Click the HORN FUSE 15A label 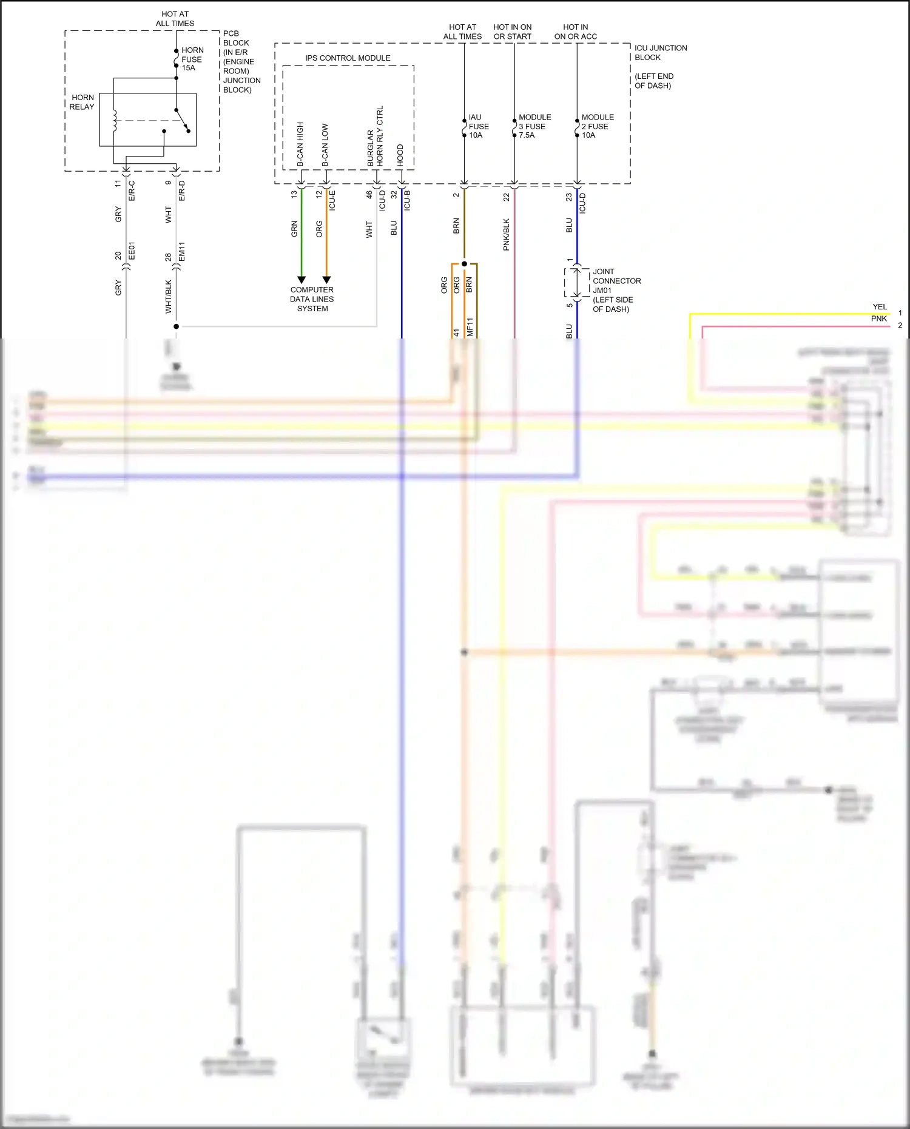pyautogui.click(x=192, y=59)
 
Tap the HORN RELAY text pyautogui.click(x=82, y=102)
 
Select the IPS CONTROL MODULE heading pyautogui.click(x=348, y=58)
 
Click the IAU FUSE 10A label pyautogui.click(x=478, y=126)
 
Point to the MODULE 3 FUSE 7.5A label pyautogui.click(x=534, y=126)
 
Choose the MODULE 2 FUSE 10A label pyautogui.click(x=597, y=126)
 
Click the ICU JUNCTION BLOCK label pyautogui.click(x=660, y=53)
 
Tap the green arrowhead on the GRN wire pyautogui.click(x=302, y=280)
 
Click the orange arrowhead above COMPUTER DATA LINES pyautogui.click(x=326, y=280)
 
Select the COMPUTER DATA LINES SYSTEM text pyautogui.click(x=312, y=299)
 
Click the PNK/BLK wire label pyautogui.click(x=507, y=235)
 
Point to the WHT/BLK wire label pyautogui.click(x=169, y=296)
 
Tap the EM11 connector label pyautogui.click(x=181, y=251)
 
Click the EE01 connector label pyautogui.click(x=132, y=251)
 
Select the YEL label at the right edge pyautogui.click(x=879, y=307)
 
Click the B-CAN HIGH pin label pyautogui.click(x=300, y=144)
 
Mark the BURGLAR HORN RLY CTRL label pyautogui.click(x=375, y=136)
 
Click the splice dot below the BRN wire pyautogui.click(x=464, y=264)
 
